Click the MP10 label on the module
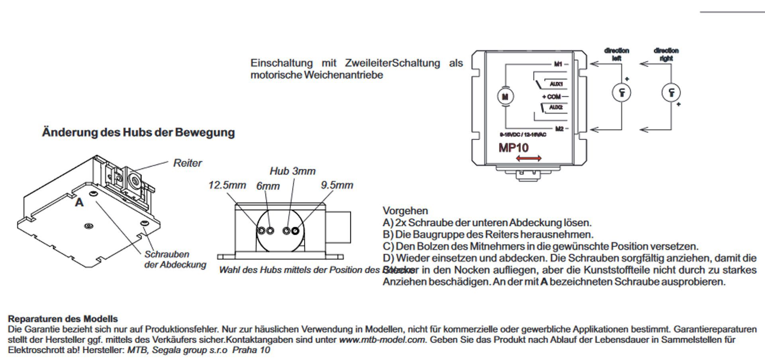click(513, 148)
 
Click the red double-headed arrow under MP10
click(528, 159)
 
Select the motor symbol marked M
click(505, 96)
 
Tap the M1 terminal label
click(558, 64)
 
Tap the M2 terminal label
click(559, 129)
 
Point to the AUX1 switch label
click(556, 84)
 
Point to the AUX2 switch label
click(555, 108)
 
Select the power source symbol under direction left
click(621, 92)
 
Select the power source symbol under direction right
click(671, 92)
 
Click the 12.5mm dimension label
click(227, 185)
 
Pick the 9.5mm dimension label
click(337, 185)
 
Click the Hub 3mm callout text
click(292, 171)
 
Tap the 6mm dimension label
click(268, 186)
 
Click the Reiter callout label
click(187, 163)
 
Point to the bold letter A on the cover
click(79, 203)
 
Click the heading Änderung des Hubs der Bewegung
click(138, 132)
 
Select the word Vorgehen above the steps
click(405, 211)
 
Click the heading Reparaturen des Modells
click(63, 319)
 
